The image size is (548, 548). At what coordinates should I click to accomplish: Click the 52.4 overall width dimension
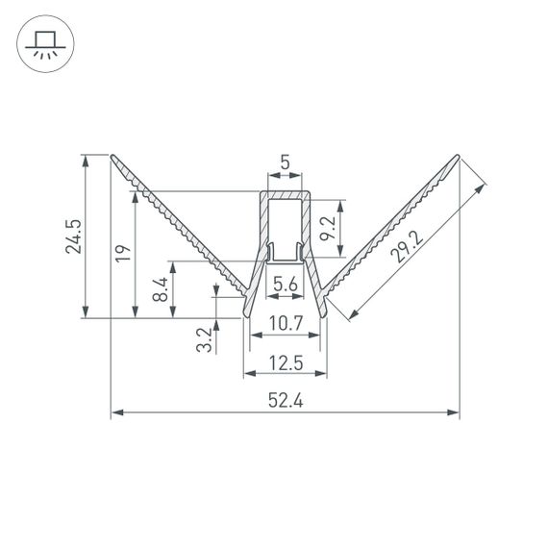[x=285, y=402]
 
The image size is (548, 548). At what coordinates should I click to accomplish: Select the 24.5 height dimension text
[x=73, y=237]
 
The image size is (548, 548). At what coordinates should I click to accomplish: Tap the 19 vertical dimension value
[x=121, y=254]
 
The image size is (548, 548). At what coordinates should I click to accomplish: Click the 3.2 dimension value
[x=204, y=339]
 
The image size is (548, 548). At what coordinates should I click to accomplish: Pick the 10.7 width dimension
[x=286, y=325]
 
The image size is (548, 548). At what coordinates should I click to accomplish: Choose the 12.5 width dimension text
[x=286, y=362]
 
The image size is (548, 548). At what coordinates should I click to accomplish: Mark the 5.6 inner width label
[x=285, y=284]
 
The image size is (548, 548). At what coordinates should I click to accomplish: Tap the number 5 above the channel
[x=285, y=163]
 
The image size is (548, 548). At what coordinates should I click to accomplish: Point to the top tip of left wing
[x=112, y=156]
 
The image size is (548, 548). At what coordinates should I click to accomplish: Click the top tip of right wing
[x=458, y=156]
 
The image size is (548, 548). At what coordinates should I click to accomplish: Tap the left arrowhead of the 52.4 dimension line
[x=116, y=413]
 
